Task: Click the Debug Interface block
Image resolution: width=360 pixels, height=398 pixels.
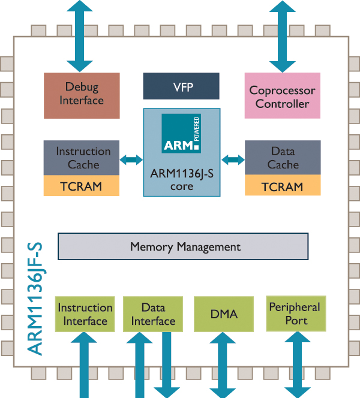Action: coord(82,95)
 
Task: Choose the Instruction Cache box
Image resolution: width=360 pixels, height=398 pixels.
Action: coord(83,158)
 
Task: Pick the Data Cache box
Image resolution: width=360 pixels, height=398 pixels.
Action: coord(283,158)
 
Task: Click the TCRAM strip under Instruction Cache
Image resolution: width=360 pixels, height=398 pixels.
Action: coord(83,186)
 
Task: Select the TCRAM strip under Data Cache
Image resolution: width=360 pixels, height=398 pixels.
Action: coord(283,186)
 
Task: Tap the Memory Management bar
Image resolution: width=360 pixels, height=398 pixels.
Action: coord(182,246)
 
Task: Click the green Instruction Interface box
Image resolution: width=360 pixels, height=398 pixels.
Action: coord(85,313)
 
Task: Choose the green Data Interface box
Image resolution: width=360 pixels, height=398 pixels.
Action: coord(153,313)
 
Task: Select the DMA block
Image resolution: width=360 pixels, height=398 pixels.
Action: coord(224,313)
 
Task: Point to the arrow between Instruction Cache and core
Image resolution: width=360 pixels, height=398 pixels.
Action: coord(131,159)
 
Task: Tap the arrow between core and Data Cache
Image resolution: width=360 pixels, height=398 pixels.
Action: coord(233,159)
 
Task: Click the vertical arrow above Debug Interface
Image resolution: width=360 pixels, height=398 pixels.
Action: coord(80,36)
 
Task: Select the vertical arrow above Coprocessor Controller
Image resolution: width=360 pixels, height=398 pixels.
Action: coord(283,36)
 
